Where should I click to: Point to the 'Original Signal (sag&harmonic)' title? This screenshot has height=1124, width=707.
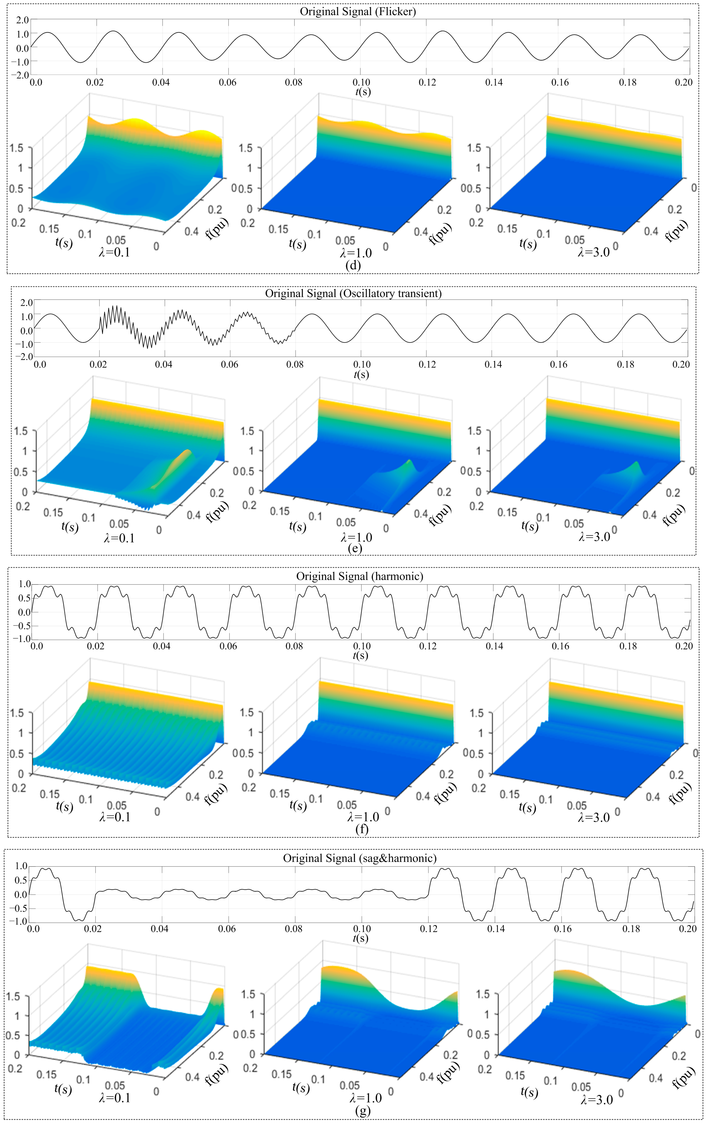pos(360,858)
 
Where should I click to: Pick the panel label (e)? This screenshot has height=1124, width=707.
pos(355,548)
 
